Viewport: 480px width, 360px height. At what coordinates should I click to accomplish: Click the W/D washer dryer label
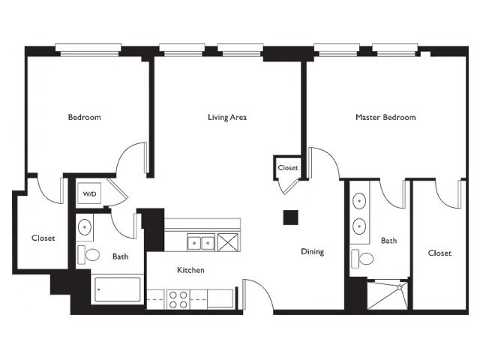(x=89, y=194)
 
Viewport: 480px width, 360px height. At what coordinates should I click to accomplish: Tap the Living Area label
(x=227, y=117)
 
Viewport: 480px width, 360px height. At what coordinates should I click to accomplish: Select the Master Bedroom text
(x=385, y=117)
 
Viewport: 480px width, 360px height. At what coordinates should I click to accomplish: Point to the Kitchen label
(x=190, y=270)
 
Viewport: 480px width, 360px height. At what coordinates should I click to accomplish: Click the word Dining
(x=313, y=252)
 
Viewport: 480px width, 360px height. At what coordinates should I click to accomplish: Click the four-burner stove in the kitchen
(x=178, y=299)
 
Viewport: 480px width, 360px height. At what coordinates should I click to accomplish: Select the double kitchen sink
(x=201, y=243)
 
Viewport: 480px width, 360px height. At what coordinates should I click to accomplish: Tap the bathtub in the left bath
(x=118, y=289)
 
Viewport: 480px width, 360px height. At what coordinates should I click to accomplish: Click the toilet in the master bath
(x=363, y=259)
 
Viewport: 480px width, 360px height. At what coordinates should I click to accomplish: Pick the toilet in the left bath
(x=88, y=255)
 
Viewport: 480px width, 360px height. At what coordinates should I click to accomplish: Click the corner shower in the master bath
(x=388, y=295)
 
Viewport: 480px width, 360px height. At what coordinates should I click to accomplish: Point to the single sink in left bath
(x=85, y=226)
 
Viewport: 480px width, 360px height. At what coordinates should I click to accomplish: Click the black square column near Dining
(x=290, y=217)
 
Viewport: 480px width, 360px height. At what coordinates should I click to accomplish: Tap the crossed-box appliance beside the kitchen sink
(x=228, y=242)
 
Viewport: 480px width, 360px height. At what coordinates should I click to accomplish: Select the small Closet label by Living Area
(x=288, y=168)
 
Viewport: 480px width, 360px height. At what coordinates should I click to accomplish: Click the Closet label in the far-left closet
(x=43, y=238)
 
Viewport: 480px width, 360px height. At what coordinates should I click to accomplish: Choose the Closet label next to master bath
(x=440, y=253)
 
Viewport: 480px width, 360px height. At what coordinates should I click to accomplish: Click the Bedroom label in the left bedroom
(x=85, y=117)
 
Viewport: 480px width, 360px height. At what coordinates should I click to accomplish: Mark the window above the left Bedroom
(x=88, y=50)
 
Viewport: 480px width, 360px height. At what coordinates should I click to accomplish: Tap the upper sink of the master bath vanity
(x=359, y=201)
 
